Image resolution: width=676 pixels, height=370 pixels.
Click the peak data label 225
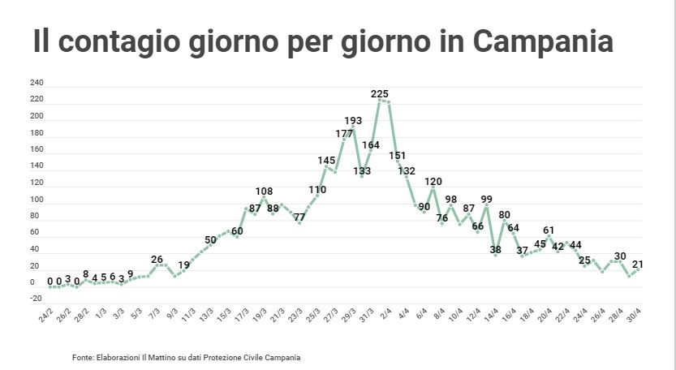coord(380,94)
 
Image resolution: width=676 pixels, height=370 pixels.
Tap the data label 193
coord(353,121)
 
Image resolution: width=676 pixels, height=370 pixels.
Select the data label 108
coord(264,191)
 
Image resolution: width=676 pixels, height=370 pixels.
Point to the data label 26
coord(157,260)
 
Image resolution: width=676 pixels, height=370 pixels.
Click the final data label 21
coord(637,265)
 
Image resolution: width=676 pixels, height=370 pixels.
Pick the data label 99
coord(486,199)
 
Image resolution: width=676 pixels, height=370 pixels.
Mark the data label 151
coord(398,155)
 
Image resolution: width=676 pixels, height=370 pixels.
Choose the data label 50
coord(210,239)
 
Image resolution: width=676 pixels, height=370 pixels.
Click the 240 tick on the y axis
coord(37,83)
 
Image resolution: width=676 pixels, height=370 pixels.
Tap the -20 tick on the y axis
coord(37,299)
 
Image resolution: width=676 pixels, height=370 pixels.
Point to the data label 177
coord(344,133)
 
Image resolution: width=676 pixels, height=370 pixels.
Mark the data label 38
coord(495,249)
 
